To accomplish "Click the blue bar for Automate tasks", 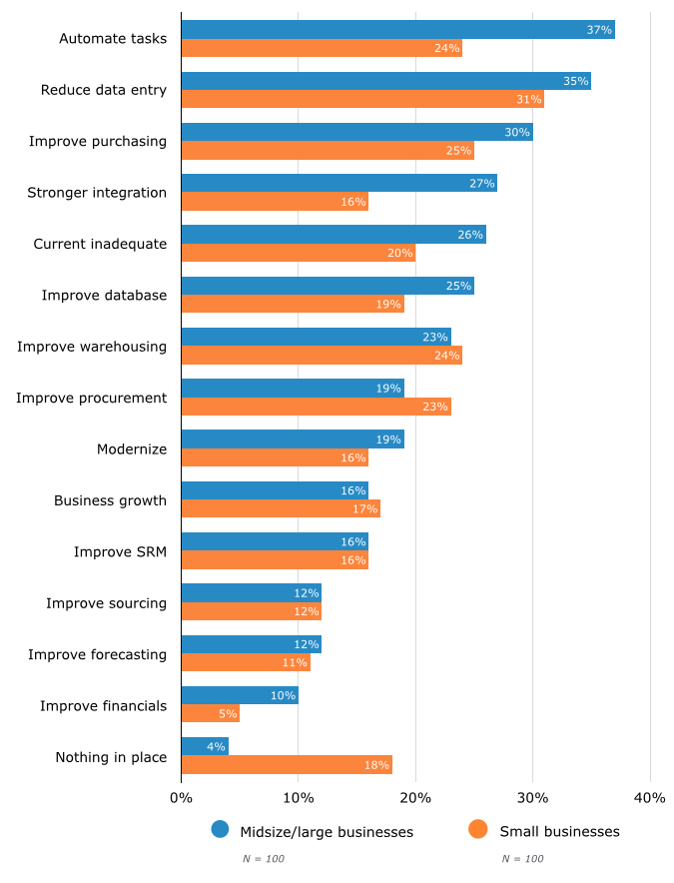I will click(x=397, y=30).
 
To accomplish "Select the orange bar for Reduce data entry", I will click(x=362, y=100).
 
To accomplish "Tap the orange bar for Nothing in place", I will click(x=287, y=765).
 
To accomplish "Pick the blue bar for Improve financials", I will click(x=240, y=695).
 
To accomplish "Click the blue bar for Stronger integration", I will click(x=338, y=183).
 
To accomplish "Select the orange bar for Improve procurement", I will click(x=316, y=407).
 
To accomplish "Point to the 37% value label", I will click(x=599, y=30).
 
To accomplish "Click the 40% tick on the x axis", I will click(x=650, y=797).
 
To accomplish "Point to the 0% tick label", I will click(x=181, y=797).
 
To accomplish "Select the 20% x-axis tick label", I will click(x=415, y=797).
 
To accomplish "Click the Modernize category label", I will click(x=132, y=449).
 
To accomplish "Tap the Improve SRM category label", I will click(x=120, y=551).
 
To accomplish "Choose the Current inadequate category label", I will click(x=100, y=244).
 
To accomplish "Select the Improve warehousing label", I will click(x=92, y=347).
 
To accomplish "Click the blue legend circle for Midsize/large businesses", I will click(x=221, y=829).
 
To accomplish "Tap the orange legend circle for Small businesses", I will click(x=478, y=829).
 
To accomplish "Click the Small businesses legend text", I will click(x=559, y=831).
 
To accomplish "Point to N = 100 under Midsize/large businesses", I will click(x=263, y=859).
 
